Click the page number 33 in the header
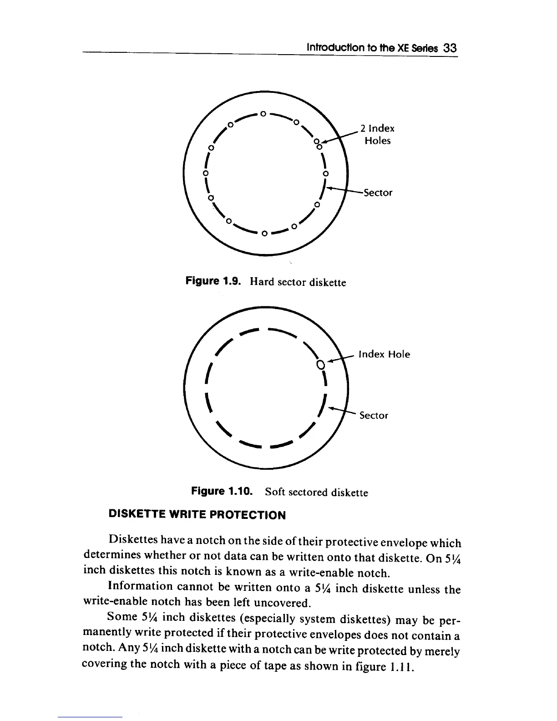click(449, 48)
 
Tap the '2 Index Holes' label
click(377, 134)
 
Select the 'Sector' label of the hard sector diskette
click(377, 193)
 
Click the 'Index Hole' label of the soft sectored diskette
click(385, 354)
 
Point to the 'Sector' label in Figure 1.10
click(374, 415)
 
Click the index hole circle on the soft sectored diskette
click(320, 364)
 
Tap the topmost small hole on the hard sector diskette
click(263, 113)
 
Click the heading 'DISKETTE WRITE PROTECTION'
click(197, 515)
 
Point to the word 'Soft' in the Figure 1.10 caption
click(275, 492)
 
